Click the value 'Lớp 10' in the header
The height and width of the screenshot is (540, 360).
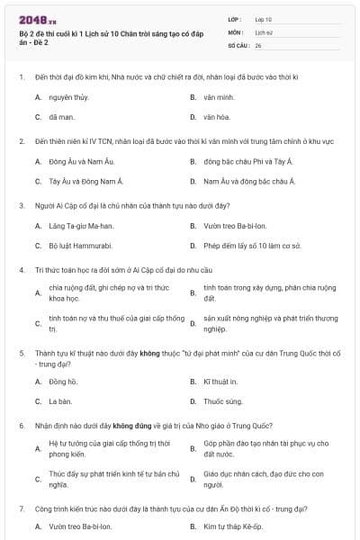(263, 19)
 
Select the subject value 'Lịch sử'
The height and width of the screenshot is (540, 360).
(263, 31)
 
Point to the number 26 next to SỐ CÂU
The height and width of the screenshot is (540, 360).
(258, 44)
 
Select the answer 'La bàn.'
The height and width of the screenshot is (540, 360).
(60, 401)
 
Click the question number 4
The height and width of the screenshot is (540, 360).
(21, 270)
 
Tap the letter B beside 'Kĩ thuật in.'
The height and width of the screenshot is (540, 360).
(193, 382)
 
